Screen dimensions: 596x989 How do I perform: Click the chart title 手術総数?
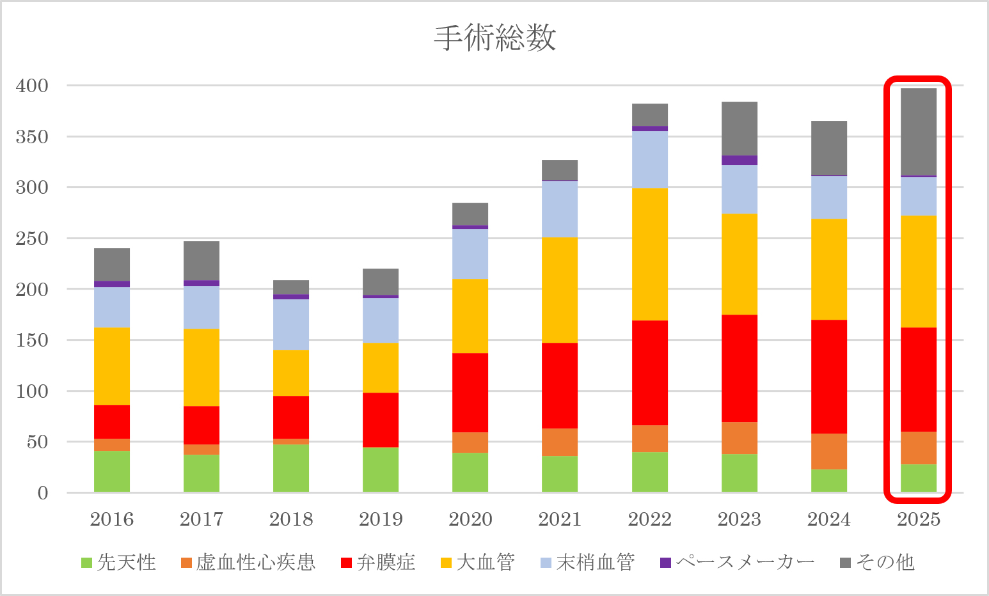494,38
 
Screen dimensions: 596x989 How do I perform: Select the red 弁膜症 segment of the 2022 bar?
649,373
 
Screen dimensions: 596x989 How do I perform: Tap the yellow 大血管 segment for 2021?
560,290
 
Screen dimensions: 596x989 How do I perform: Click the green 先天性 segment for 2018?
291,468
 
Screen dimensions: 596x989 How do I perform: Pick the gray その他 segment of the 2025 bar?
919,132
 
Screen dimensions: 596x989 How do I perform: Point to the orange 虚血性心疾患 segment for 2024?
829,451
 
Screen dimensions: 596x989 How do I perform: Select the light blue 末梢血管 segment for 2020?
470,253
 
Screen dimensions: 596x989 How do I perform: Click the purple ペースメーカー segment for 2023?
740,161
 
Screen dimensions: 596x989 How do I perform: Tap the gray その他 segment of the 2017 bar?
202,260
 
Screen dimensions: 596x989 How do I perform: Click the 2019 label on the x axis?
381,519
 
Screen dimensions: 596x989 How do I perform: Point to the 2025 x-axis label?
919,519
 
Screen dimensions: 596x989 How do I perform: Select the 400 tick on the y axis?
32,86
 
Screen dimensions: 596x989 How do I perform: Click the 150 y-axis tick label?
32,340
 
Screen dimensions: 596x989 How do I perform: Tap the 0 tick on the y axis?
42,493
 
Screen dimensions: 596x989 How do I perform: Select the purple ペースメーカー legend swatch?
665,563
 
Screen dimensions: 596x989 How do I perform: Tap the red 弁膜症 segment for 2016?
112,421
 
